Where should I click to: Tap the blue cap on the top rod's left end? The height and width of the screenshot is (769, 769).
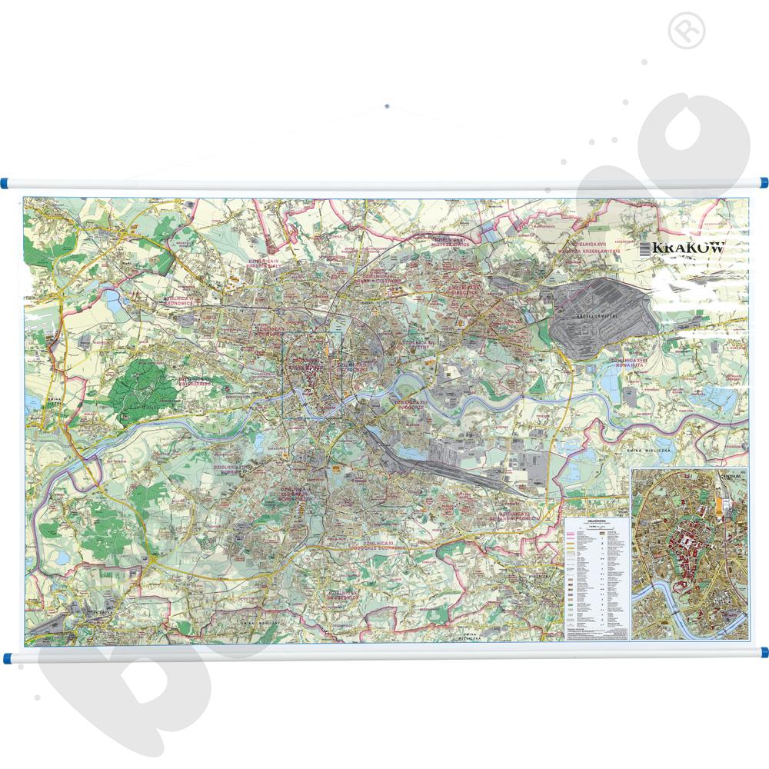pyautogui.click(x=6, y=183)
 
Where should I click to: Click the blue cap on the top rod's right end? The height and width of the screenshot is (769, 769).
pyautogui.click(x=764, y=183)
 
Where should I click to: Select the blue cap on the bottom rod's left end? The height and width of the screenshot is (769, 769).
pyautogui.click(x=7, y=658)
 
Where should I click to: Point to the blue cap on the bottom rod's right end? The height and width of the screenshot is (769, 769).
pyautogui.click(x=764, y=652)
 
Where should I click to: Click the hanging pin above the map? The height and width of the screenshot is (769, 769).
pyautogui.click(x=387, y=106)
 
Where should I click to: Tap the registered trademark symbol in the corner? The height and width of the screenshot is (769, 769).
pyautogui.click(x=687, y=31)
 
